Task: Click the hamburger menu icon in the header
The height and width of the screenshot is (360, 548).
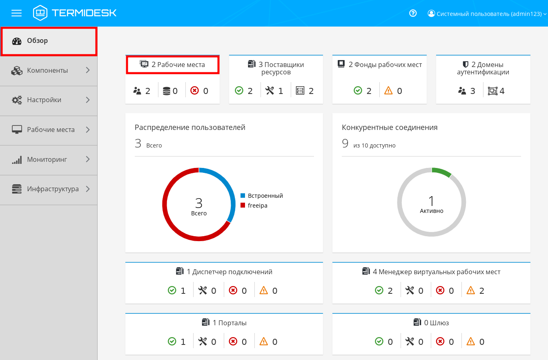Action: pos(16,13)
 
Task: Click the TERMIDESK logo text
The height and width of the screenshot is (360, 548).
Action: pos(84,13)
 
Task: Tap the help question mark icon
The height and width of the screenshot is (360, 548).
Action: pos(413,13)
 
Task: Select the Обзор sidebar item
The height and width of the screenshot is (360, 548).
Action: pos(38,41)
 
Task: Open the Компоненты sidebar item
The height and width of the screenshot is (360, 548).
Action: pos(47,71)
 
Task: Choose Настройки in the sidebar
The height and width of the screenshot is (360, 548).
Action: pos(44,100)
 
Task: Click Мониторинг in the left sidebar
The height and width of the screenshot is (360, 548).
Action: pos(47,159)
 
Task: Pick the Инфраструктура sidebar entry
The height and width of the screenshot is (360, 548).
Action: pos(53,189)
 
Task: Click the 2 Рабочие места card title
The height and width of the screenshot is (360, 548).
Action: pos(178,65)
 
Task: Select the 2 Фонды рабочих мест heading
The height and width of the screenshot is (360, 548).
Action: pos(385,65)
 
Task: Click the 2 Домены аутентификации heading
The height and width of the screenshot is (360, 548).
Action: pos(483,68)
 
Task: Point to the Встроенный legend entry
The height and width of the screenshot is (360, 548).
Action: pos(265,196)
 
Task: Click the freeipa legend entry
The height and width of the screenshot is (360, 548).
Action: pos(257,206)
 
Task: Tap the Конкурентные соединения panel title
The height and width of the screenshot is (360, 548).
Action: pos(390,127)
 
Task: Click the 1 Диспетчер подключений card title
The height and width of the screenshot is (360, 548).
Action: pos(229,272)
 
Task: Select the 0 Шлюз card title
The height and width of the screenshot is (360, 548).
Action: pos(436,323)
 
